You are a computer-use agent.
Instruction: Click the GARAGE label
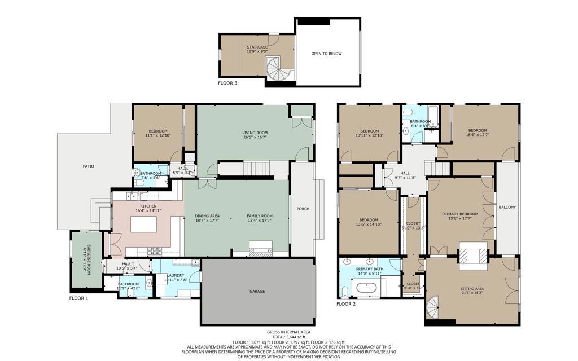(x=257, y=292)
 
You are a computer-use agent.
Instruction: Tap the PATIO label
(x=89, y=166)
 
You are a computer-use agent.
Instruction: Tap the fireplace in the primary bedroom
(x=472, y=254)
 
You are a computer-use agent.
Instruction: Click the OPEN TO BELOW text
(x=326, y=54)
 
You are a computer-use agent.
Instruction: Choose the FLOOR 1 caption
(x=79, y=298)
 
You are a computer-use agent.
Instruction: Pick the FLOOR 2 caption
(x=346, y=304)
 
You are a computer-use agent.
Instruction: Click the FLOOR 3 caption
(x=227, y=83)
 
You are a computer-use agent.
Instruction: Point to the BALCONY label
(x=507, y=207)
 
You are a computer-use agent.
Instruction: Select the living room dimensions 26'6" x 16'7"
(x=255, y=137)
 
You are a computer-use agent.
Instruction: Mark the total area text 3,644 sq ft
(x=288, y=337)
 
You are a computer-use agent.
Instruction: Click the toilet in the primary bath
(x=345, y=292)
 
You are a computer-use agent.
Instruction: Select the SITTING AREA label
(x=472, y=288)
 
